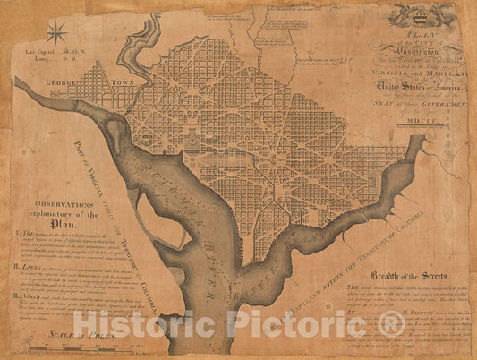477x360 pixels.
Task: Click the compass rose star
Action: click(x=57, y=33)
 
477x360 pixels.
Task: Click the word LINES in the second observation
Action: click(x=30, y=265)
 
